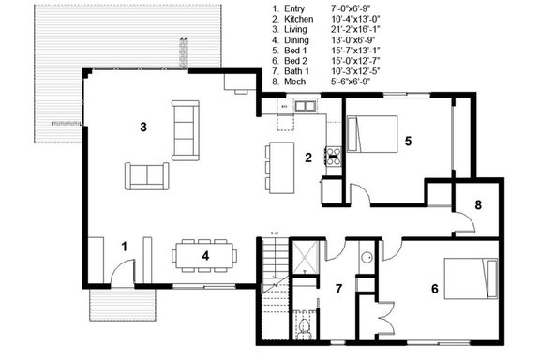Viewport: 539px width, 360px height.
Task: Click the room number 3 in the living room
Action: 143,126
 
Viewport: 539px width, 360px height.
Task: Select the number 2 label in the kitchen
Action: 307,157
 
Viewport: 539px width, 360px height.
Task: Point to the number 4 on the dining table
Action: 204,254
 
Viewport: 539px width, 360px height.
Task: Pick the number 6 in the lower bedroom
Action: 434,288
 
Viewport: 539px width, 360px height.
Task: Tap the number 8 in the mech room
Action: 477,203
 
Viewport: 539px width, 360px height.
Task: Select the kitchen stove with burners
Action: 331,156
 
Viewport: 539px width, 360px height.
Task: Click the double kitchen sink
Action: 305,108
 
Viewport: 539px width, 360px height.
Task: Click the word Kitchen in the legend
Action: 302,19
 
